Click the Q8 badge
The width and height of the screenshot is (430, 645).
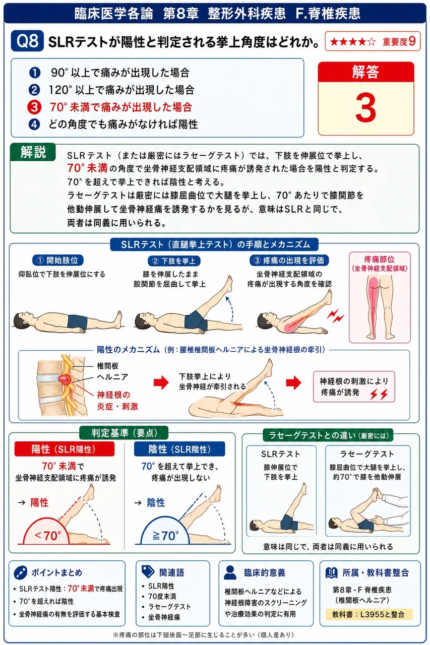[x=27, y=41]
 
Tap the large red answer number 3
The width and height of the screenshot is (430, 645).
[x=365, y=108]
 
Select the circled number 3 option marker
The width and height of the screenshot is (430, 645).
[x=34, y=107]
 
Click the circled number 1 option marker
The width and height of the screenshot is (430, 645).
[x=34, y=73]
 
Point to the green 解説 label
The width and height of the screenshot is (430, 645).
[x=33, y=152]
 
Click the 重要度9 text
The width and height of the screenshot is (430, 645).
[x=399, y=41]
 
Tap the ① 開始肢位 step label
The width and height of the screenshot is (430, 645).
[x=58, y=261]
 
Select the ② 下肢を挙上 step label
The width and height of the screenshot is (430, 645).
[x=174, y=261]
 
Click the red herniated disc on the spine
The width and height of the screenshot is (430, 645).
[x=65, y=380]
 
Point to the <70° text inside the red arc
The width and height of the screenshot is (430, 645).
[x=47, y=536]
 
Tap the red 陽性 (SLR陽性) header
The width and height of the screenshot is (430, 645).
[x=65, y=449]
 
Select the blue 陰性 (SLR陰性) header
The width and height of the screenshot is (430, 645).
[x=179, y=449]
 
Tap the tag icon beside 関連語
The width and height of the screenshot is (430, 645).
[x=148, y=571]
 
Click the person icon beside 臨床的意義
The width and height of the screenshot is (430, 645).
[x=229, y=572]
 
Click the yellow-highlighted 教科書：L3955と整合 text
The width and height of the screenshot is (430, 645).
[x=369, y=614]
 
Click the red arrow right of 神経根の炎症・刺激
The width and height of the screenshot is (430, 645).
[x=161, y=382]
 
